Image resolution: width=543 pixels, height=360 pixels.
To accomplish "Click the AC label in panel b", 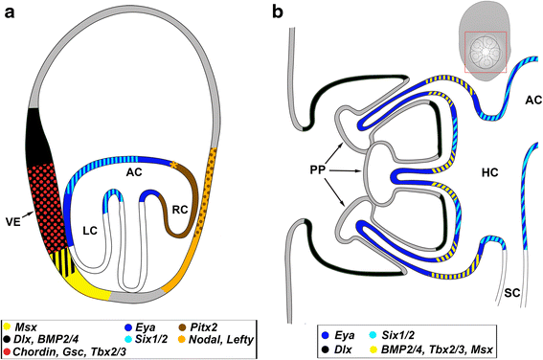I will [x=523, y=99].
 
